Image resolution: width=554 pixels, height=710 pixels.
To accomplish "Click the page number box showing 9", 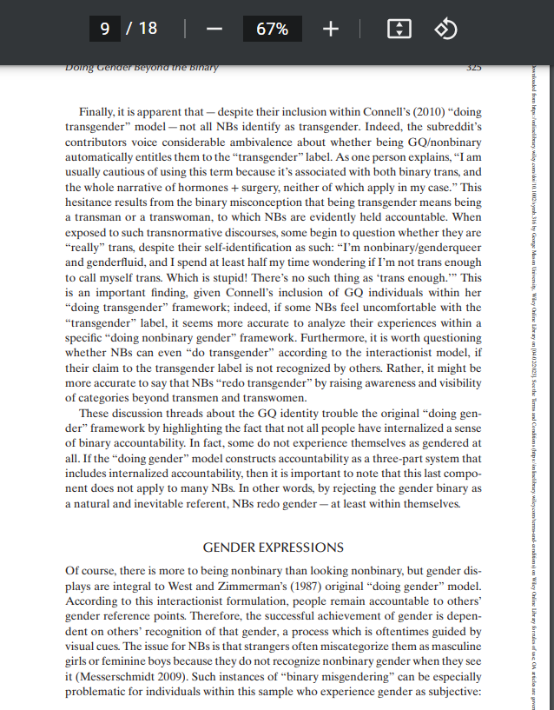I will point(105,29).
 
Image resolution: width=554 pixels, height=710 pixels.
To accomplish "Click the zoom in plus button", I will point(330,29).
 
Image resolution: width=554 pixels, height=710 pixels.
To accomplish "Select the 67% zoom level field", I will point(272,29).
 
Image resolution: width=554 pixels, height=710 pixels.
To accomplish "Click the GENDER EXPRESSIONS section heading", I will point(273,547).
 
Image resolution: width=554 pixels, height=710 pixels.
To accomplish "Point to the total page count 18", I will point(148,29).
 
